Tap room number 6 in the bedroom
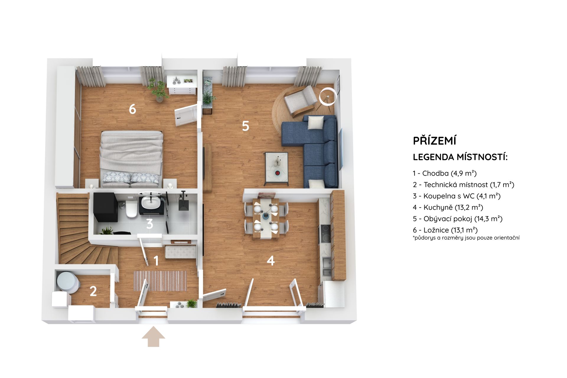[x=132, y=109]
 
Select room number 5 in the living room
[x=245, y=126]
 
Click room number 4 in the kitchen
[x=271, y=260]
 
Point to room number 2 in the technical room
[x=93, y=291]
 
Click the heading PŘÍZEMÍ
[x=434, y=141]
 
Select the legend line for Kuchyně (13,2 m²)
[x=448, y=207]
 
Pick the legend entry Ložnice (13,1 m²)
[x=445, y=230]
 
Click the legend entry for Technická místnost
[x=464, y=185]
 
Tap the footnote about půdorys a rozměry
[x=466, y=237]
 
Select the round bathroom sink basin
[x=150, y=203]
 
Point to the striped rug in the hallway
[x=160, y=280]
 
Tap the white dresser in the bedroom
[x=182, y=85]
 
